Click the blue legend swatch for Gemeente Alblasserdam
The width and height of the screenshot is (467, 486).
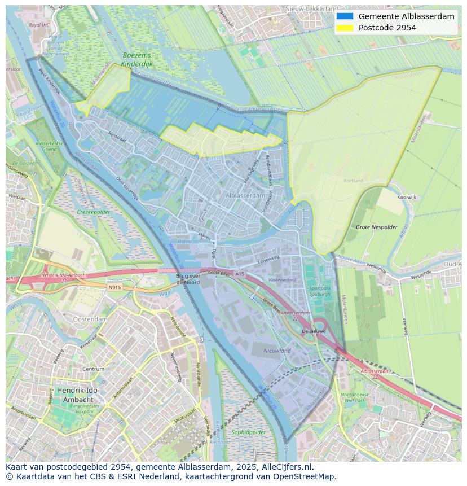[345, 16]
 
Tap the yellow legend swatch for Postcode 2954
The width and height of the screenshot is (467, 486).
[345, 28]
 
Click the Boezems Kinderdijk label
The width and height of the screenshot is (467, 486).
[138, 60]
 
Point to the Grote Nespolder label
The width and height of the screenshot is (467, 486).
[377, 227]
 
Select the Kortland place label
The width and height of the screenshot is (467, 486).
[354, 181]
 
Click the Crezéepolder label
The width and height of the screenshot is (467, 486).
[94, 212]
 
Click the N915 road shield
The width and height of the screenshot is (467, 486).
[114, 287]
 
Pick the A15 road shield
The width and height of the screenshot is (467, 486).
[240, 274]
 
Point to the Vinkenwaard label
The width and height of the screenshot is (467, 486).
[282, 279]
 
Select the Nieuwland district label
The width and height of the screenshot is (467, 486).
[277, 351]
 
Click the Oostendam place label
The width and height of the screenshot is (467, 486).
[90, 319]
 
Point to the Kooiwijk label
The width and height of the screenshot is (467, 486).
[406, 198]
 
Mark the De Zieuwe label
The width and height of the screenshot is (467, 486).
[314, 331]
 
